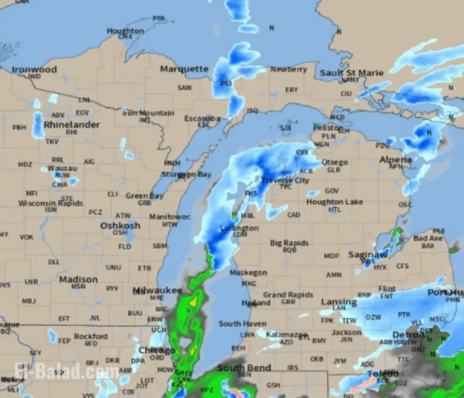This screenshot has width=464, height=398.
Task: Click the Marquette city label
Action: (x=185, y=69)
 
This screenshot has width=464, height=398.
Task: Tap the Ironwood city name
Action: (x=34, y=69)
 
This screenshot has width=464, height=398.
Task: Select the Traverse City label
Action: (x=285, y=180)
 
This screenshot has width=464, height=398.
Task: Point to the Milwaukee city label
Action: (x=157, y=290)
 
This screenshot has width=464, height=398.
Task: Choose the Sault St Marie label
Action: (x=351, y=72)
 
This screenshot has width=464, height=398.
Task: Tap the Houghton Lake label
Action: (x=335, y=202)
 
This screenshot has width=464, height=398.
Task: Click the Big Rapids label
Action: (x=290, y=242)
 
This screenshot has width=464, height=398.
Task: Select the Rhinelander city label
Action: (x=71, y=125)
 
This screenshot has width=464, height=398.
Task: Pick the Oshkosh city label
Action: (x=121, y=225)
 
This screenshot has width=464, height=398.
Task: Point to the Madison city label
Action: (x=78, y=279)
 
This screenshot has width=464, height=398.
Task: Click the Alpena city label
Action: (x=396, y=159)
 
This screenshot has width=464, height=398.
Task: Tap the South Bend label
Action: (x=244, y=368)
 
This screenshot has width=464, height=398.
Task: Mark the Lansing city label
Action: (x=339, y=302)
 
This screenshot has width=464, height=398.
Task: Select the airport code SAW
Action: (x=185, y=87)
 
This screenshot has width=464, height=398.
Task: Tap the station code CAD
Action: (x=293, y=215)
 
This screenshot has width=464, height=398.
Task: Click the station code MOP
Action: (x=331, y=256)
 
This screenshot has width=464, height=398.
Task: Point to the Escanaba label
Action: (x=202, y=118)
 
